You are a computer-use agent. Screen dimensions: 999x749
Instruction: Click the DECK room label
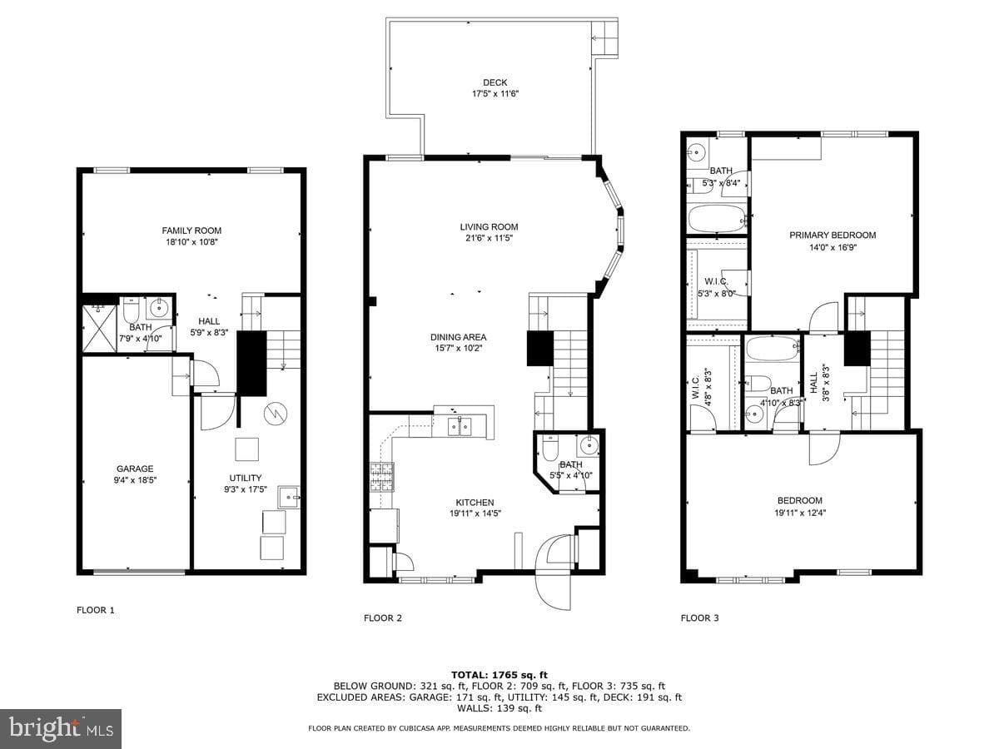[x=495, y=82]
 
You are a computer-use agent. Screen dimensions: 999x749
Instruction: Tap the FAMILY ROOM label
[x=191, y=231]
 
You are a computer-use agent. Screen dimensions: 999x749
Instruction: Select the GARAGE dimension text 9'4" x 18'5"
[x=135, y=480]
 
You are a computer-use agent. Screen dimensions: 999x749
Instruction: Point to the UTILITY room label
[x=246, y=478]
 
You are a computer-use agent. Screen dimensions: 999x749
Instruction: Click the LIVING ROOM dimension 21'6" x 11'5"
[x=489, y=238]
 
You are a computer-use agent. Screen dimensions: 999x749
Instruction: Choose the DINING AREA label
[x=459, y=337]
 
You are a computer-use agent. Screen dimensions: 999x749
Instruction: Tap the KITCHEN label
[x=475, y=503]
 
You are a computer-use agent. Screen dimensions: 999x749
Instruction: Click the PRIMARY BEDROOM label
[x=832, y=236]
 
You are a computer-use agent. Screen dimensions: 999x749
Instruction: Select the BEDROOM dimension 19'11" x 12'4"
[x=800, y=513]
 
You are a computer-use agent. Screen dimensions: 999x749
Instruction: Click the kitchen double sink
[x=460, y=427]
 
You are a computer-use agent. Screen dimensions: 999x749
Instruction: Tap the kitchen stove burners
[x=382, y=477]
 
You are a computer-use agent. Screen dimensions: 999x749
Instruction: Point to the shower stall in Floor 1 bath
[x=99, y=329]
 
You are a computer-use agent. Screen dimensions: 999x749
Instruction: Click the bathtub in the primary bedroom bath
[x=718, y=219]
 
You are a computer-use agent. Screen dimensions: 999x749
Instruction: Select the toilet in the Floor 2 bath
[x=549, y=449]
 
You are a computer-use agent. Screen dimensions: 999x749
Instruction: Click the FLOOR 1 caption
[x=96, y=610]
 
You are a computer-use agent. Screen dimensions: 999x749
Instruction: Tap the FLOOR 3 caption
[x=699, y=618]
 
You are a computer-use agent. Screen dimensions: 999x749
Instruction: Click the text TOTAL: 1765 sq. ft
[x=499, y=675]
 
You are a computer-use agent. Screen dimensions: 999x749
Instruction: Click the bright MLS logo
[x=61, y=729]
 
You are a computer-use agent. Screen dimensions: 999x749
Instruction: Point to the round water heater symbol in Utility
[x=276, y=414]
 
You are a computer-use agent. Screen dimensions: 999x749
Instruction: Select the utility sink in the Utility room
[x=289, y=498]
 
